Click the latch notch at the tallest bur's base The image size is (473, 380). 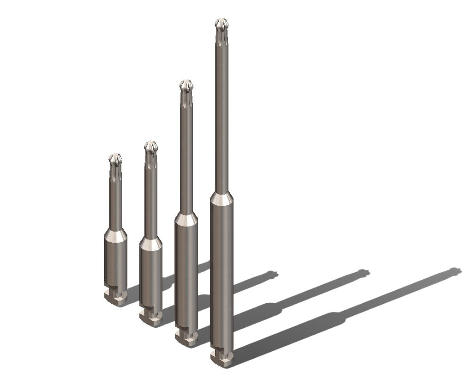pyautogui.click(x=221, y=355)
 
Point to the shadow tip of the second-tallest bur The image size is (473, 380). pyautogui.click(x=365, y=272)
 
